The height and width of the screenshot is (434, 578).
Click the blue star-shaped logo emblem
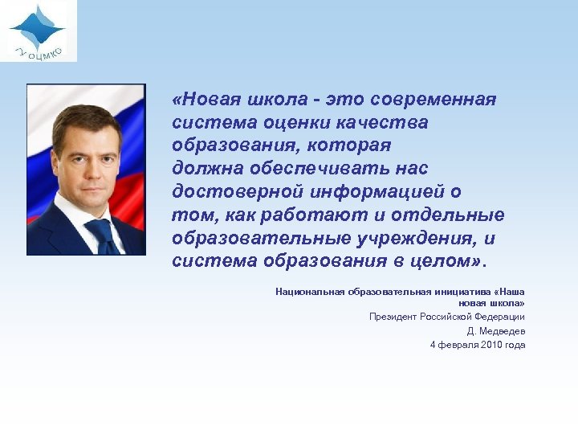[37, 27]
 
